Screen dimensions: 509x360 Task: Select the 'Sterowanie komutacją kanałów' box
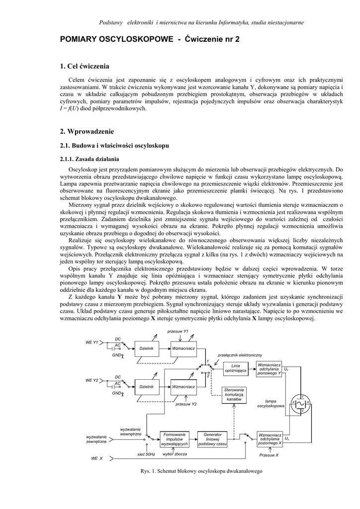(x=234, y=395)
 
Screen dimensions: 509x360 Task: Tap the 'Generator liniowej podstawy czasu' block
(x=212, y=439)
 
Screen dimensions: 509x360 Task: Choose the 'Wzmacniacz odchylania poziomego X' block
(x=270, y=439)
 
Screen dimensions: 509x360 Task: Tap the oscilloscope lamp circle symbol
(x=300, y=406)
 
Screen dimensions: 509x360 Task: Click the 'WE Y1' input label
(x=92, y=342)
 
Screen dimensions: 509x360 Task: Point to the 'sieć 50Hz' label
(x=146, y=454)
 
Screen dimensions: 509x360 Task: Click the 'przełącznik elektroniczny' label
(x=240, y=355)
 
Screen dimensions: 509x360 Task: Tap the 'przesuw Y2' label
(x=186, y=404)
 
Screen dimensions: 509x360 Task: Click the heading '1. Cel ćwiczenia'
(x=85, y=66)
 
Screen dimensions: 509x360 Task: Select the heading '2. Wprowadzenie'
(x=87, y=132)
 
